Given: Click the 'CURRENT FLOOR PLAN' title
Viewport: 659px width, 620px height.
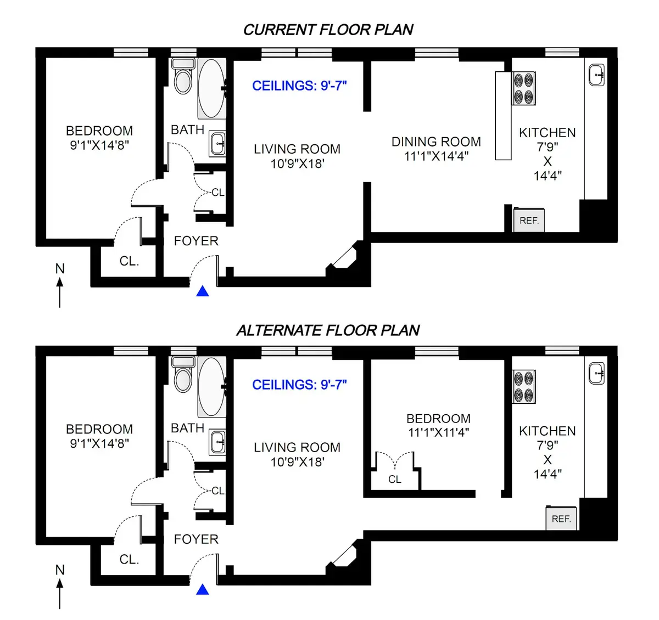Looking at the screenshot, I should coord(328,30).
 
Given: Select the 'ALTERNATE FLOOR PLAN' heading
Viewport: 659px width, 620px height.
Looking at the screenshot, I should coord(328,330).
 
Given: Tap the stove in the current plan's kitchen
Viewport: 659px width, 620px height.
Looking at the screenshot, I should coord(524,88).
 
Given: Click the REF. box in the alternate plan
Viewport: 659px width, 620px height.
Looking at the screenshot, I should coord(561,518).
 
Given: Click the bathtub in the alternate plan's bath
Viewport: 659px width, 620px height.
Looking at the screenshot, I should coord(211,387).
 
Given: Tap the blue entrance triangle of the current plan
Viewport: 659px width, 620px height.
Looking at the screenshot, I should coord(203,291).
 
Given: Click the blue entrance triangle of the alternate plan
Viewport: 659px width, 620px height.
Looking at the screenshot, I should coord(203,590).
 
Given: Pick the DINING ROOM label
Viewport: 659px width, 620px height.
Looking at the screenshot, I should coord(436,142).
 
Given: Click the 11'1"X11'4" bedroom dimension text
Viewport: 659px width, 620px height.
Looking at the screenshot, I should coord(438,432).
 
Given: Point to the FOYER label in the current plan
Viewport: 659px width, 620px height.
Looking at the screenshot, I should coord(196,241).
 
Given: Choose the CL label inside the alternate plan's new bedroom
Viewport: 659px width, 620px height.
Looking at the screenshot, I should coord(394,479).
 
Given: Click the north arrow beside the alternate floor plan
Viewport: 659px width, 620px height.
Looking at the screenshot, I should coord(60,590).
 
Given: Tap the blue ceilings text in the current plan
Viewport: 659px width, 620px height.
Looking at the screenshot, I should coord(299,86).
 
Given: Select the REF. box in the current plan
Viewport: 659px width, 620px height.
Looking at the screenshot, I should coord(529,221).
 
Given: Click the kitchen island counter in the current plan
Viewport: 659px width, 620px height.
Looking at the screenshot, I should coord(503,115).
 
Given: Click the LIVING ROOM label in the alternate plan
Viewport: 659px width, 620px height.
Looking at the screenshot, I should coord(297,447).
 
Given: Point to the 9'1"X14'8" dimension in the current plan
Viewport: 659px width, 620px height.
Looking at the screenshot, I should coord(99,145).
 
